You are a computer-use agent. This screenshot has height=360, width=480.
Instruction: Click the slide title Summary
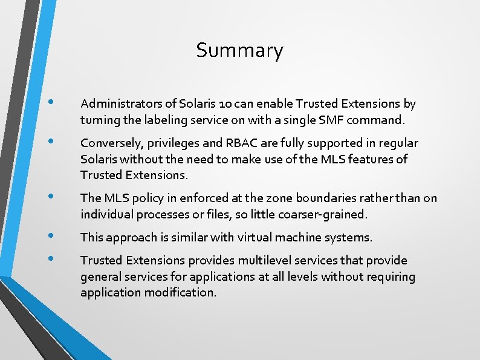pyautogui.click(x=239, y=50)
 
